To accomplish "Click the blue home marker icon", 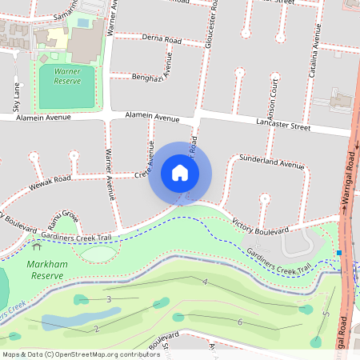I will tap(180, 172).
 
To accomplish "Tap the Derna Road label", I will tap(161, 38).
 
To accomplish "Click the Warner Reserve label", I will tap(66, 76).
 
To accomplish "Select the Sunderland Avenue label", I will tap(272, 163).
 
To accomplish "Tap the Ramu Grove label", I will tap(62, 216).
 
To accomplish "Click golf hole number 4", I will tap(205, 282).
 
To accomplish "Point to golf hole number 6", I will tap(240, 322).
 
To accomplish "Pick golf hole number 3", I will tap(108, 299).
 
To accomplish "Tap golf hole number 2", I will tap(96, 328).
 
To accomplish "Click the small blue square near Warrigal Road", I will tap(340, 253).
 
